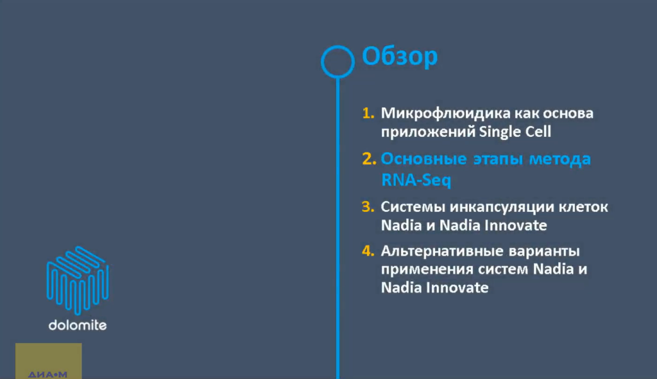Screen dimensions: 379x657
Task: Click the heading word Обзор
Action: pyautogui.click(x=400, y=57)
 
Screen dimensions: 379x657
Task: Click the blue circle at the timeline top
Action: pyautogui.click(x=337, y=61)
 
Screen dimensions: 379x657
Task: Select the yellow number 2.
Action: pyautogui.click(x=368, y=159)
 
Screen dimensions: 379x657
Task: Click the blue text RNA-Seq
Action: pyautogui.click(x=416, y=181)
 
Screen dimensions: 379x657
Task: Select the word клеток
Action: pyautogui.click(x=581, y=207)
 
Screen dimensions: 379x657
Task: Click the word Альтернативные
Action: pyautogui.click(x=443, y=251)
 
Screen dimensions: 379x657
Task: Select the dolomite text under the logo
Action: pyautogui.click(x=77, y=325)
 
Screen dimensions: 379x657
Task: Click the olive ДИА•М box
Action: pyautogui.click(x=49, y=361)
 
